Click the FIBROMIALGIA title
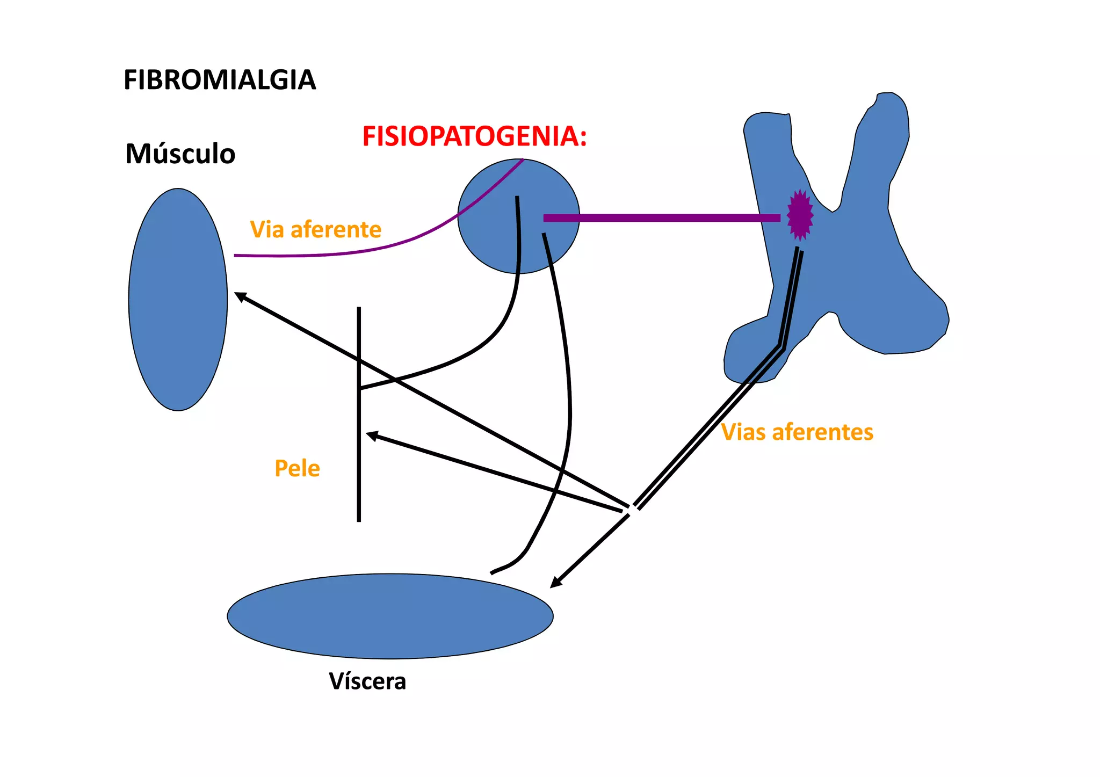[x=219, y=81]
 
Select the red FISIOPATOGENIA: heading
[x=474, y=136]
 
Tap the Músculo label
[x=180, y=154]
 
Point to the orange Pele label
[x=297, y=469]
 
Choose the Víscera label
[x=367, y=681]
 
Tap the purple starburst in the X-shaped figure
[x=800, y=215]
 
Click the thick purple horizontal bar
[x=661, y=218]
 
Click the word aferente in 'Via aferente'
[x=336, y=230]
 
